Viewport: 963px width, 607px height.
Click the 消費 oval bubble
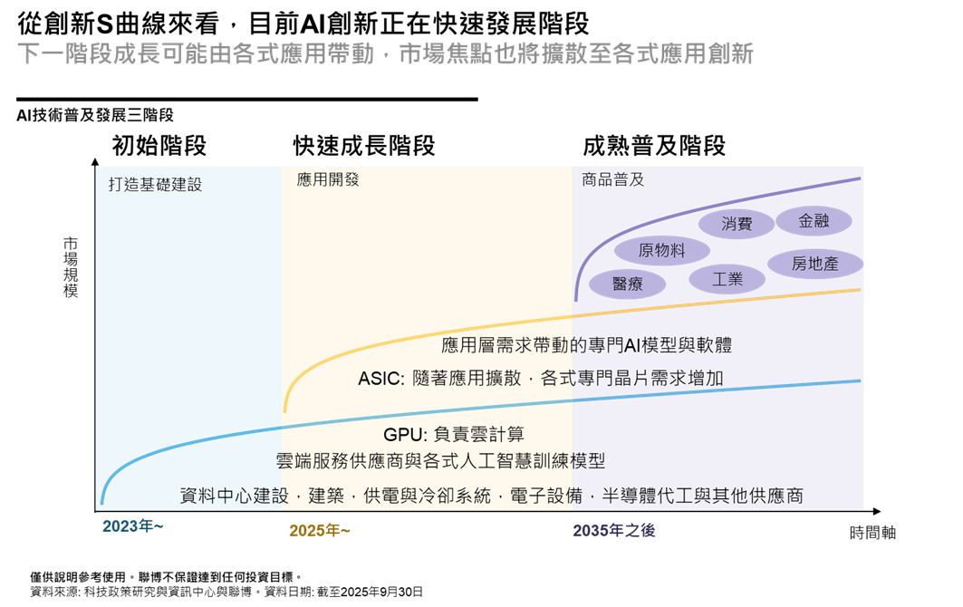[737, 224]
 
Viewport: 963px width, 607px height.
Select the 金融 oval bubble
[814, 220]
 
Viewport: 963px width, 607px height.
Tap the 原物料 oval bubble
[661, 250]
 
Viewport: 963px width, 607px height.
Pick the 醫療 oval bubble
[627, 284]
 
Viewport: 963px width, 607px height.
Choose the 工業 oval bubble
[727, 279]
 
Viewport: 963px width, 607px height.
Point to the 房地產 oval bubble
[814, 264]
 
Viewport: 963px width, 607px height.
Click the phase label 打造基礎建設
[155, 185]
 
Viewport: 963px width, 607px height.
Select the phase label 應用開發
[328, 179]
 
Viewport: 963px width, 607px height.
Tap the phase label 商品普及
[612, 179]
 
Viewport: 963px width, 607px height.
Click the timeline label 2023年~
[132, 526]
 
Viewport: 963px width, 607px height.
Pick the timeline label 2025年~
[319, 530]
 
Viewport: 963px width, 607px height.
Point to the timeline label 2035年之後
[613, 530]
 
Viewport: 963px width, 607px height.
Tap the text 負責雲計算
[480, 435]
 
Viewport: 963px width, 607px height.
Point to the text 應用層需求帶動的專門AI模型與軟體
[585, 345]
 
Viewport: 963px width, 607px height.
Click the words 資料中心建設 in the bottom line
[233, 496]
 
